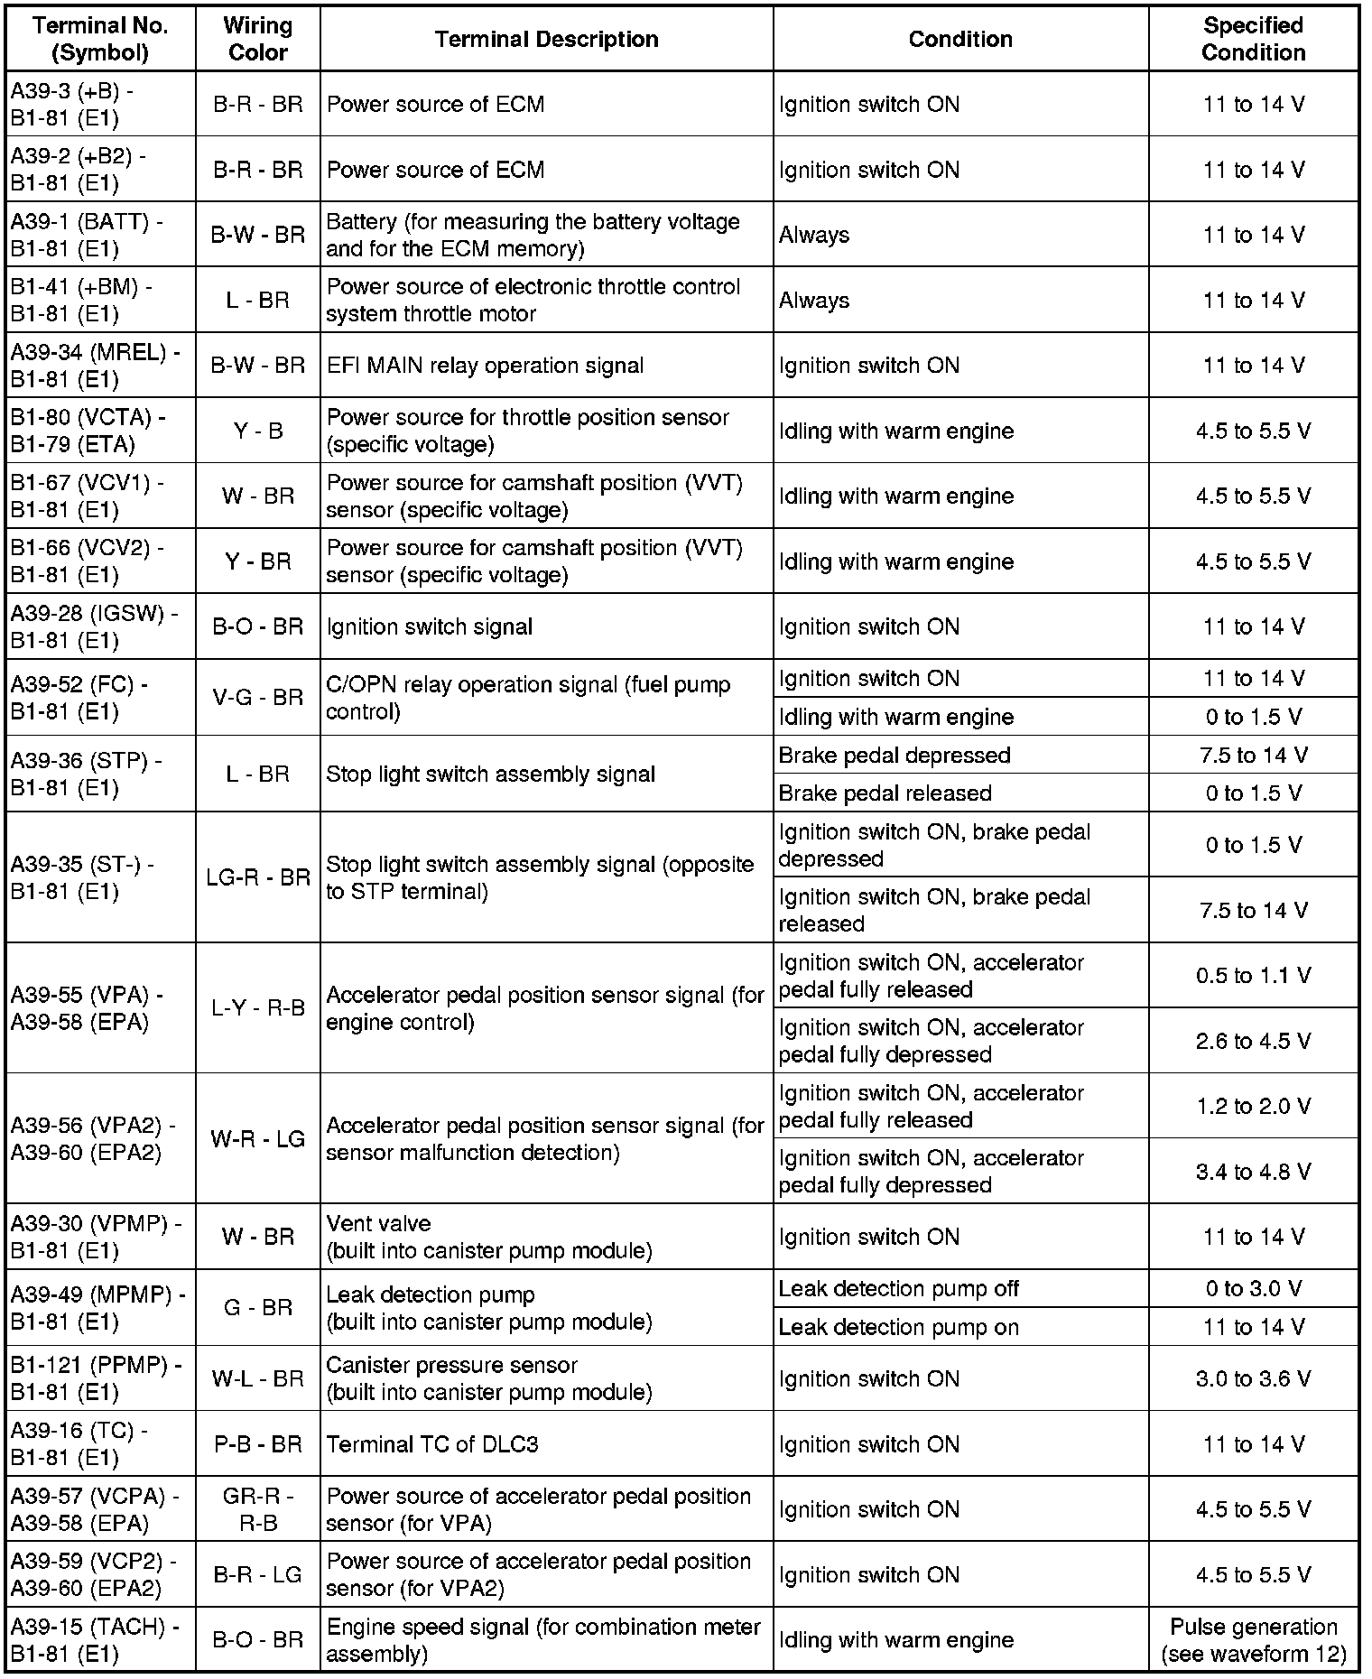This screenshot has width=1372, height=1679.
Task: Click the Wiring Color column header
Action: [258, 39]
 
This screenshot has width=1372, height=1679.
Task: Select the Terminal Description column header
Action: [546, 39]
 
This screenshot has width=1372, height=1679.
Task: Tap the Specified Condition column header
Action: [1253, 39]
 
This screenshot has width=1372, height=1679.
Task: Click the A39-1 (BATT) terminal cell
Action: [87, 235]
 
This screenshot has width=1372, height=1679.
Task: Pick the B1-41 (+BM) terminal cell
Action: [81, 300]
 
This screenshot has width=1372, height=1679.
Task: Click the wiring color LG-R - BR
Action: [258, 877]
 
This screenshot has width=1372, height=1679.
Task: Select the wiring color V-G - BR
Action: [258, 697]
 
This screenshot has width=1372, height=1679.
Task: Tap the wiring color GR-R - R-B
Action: [258, 1509]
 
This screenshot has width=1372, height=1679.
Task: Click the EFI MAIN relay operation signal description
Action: [485, 366]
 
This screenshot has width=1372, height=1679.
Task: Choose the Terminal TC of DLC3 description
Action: [432, 1444]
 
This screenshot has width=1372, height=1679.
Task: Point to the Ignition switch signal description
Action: [429, 626]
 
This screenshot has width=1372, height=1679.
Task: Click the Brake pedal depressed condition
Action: [894, 755]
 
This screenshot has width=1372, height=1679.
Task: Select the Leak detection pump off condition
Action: [898, 1288]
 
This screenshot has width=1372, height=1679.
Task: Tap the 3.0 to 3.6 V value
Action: [1253, 1378]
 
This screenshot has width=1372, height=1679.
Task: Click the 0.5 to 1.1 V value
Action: [1253, 976]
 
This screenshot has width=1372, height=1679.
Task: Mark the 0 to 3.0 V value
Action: [1253, 1288]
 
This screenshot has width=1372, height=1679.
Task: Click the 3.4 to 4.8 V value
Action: [1253, 1172]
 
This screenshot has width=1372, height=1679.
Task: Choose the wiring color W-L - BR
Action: [258, 1378]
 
